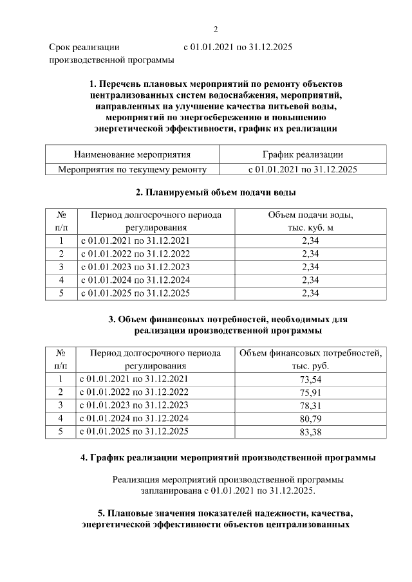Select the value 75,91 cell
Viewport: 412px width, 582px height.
pyautogui.click(x=310, y=392)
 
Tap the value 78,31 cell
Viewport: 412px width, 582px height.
pyautogui.click(x=310, y=405)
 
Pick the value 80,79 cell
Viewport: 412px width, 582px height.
pyautogui.click(x=310, y=418)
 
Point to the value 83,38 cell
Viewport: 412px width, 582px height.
pyautogui.click(x=310, y=432)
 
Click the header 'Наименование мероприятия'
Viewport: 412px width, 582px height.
pyautogui.click(x=132, y=155)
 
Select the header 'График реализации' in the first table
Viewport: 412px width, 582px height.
pyautogui.click(x=303, y=155)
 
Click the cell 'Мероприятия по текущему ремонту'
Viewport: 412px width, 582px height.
pyautogui.click(x=132, y=170)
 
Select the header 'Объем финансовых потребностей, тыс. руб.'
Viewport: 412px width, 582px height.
pyautogui.click(x=310, y=359)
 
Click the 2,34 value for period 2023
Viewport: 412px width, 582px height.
pyautogui.click(x=310, y=267)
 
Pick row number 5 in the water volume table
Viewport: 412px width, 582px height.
pyautogui.click(x=61, y=293)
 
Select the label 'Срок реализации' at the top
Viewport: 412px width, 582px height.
pyautogui.click(x=84, y=48)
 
